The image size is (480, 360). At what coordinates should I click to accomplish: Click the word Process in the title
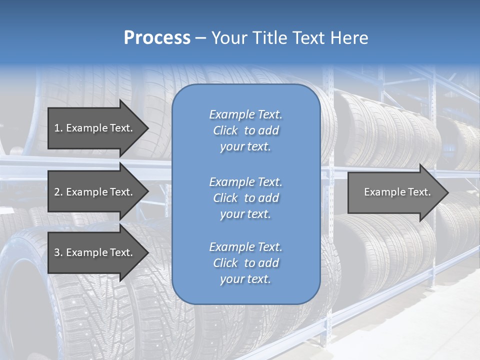click(x=157, y=38)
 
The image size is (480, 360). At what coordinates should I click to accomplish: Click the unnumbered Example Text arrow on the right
click(x=397, y=192)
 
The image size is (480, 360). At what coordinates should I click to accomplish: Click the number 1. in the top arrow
click(x=58, y=128)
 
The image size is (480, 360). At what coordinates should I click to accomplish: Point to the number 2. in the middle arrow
click(x=58, y=192)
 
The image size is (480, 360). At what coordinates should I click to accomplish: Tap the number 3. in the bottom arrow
click(x=58, y=252)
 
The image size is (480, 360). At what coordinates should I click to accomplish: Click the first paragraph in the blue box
click(x=245, y=130)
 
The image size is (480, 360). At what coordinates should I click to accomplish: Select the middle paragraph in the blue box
click(x=245, y=198)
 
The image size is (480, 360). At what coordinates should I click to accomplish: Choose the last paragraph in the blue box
click(x=245, y=263)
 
